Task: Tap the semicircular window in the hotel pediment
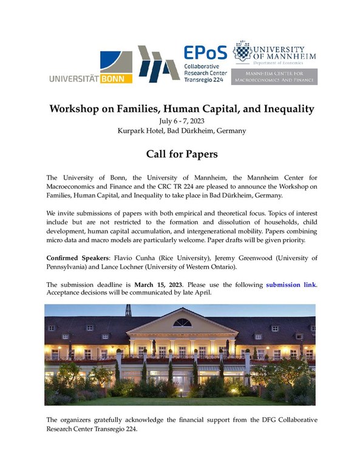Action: tap(182, 323)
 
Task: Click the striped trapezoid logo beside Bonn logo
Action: tap(157, 63)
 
